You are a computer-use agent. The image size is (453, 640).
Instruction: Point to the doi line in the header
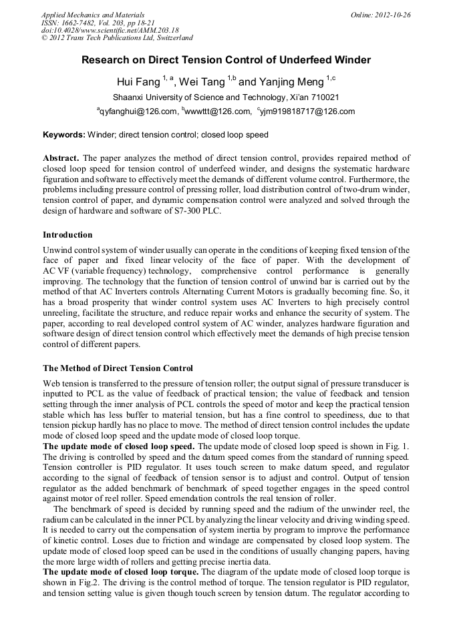110,30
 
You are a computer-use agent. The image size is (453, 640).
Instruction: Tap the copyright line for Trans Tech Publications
117,38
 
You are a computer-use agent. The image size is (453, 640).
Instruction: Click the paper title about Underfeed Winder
226,60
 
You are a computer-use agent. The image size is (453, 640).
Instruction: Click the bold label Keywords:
64,135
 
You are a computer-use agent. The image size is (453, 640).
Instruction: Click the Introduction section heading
67,235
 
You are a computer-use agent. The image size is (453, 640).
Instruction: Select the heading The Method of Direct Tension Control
118,368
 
